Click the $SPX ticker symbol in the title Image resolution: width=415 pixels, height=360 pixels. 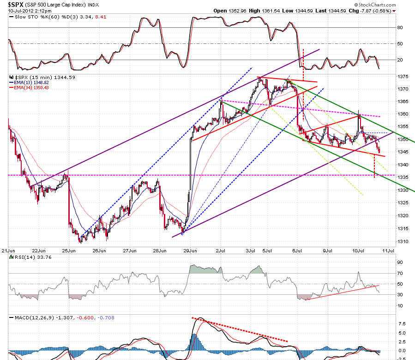tap(16, 5)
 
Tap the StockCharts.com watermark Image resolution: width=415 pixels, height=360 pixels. tap(375, 5)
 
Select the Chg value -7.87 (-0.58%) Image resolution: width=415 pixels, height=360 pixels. tap(376, 11)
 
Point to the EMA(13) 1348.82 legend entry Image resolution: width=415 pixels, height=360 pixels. tap(29, 82)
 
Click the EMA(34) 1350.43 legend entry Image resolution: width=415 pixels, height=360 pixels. tap(29, 87)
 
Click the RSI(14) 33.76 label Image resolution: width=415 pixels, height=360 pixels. tap(30, 257)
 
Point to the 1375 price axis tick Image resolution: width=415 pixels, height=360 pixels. tap(403, 77)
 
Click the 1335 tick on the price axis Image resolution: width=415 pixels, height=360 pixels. tap(403, 177)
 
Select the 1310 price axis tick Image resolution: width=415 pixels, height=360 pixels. tap(403, 241)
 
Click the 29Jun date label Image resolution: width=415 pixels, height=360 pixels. tap(190, 250)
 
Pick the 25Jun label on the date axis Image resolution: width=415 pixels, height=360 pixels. tap(69, 250)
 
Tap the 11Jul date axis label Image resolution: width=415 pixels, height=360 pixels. tap(388, 250)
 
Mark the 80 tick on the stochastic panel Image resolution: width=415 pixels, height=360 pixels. tap(400, 28)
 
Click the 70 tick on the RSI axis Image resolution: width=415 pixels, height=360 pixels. tap(400, 273)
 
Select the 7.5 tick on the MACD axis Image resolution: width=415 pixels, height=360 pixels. tap(402, 323)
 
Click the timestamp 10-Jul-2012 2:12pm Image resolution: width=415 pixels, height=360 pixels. tap(30, 11)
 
